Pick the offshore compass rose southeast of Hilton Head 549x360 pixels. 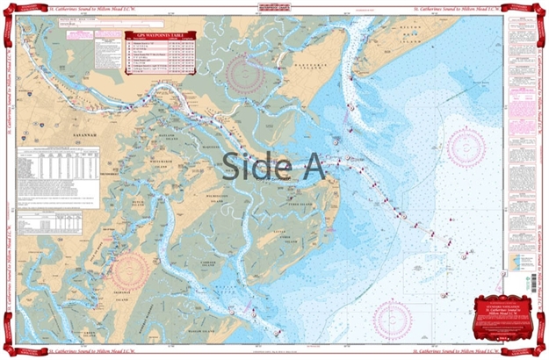(466, 148)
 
